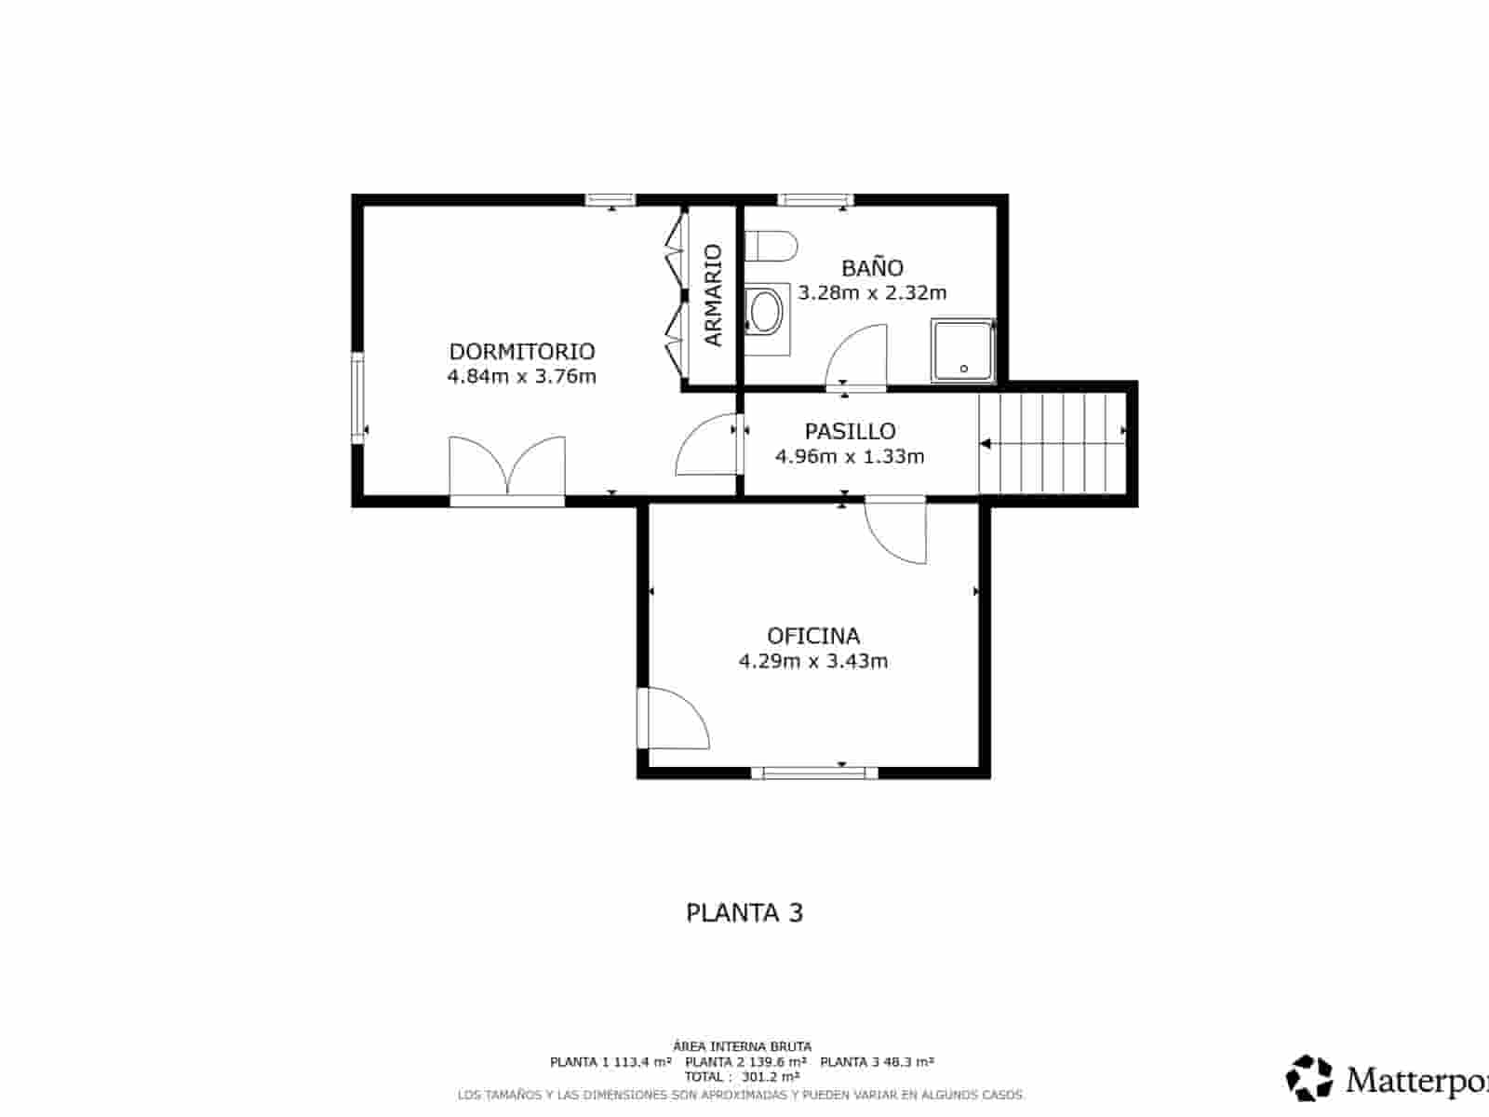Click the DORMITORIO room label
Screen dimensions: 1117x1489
[x=521, y=351]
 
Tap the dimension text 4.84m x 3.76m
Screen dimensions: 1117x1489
[x=521, y=376]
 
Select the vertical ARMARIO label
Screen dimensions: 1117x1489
[x=713, y=295]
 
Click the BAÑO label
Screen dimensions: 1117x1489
[x=872, y=268]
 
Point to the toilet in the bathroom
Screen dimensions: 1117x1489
[x=771, y=247]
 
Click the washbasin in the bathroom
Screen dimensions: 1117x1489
[x=767, y=312]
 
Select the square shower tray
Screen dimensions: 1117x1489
[x=963, y=351]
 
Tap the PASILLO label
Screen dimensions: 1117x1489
[x=850, y=431]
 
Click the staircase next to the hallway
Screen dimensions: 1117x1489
[x=1052, y=443]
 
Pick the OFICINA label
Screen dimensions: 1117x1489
[x=812, y=636]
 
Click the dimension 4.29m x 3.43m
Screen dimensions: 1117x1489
[x=812, y=661]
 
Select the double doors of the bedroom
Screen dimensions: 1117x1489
[x=507, y=468]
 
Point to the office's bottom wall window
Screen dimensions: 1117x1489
[x=814, y=773]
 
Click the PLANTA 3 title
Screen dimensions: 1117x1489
[x=744, y=912]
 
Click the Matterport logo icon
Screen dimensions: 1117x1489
[x=1309, y=1078]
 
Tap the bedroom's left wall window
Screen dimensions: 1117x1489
[x=357, y=397]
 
